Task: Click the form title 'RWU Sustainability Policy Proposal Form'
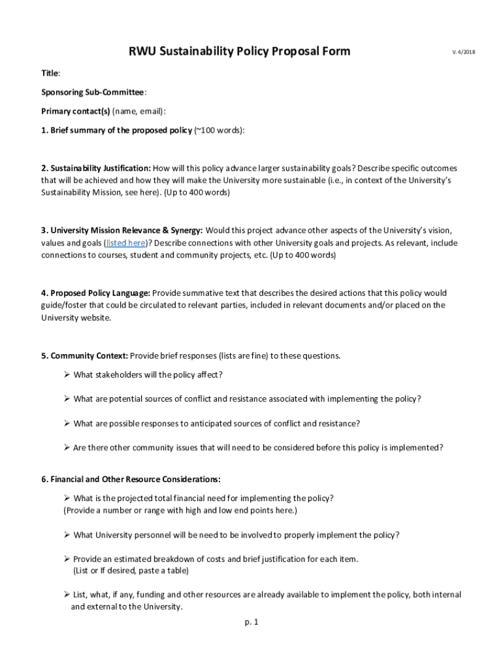pos(239,51)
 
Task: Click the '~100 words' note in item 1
pos(219,130)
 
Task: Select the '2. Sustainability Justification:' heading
pos(96,168)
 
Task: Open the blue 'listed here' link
pos(127,243)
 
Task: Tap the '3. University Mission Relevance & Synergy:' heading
pos(122,231)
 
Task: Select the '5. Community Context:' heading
pos(84,356)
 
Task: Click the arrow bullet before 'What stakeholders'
pos(67,374)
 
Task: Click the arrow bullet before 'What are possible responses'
pos(67,423)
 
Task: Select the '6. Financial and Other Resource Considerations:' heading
pos(131,480)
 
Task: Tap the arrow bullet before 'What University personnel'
pos(67,535)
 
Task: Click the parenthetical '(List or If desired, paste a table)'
pos(131,570)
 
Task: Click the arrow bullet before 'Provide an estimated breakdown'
pos(67,559)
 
